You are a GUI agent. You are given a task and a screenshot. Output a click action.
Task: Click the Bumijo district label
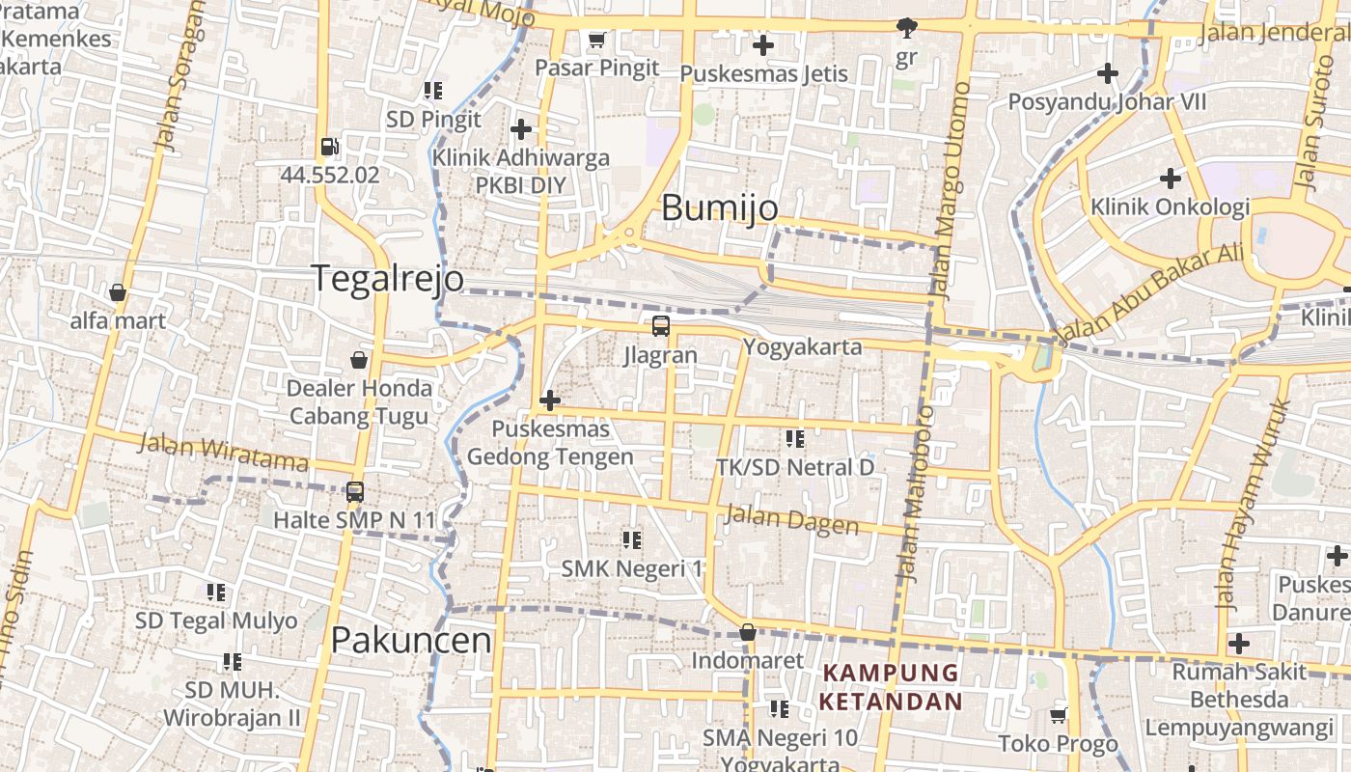tap(720, 207)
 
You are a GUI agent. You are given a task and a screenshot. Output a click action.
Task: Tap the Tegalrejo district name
tap(387, 278)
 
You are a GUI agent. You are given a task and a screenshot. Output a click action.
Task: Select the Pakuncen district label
tap(411, 640)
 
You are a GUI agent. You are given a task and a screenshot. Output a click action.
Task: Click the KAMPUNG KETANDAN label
tap(891, 687)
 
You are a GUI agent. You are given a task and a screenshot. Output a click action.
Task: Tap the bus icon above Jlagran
tap(660, 326)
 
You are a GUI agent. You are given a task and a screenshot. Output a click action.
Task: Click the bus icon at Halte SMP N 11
tap(354, 492)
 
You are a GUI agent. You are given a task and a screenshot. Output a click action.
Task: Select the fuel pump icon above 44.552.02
tap(329, 147)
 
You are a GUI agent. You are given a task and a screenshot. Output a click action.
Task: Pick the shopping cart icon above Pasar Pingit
tap(596, 41)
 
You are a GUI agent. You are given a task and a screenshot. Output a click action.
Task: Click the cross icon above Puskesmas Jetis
tap(763, 45)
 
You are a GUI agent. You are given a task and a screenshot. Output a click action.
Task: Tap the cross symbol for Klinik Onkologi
tap(1171, 179)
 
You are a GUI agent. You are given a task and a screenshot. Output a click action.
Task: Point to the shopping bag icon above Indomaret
tap(747, 633)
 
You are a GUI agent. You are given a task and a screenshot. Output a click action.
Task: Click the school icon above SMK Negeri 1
tap(632, 540)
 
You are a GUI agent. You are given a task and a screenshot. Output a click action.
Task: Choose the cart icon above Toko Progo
tap(1058, 715)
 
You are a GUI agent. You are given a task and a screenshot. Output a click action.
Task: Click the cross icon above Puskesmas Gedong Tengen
tap(550, 400)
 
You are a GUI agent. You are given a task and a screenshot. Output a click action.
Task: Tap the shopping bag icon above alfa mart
tap(118, 292)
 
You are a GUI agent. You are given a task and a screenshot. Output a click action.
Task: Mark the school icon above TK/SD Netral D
tap(795, 439)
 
